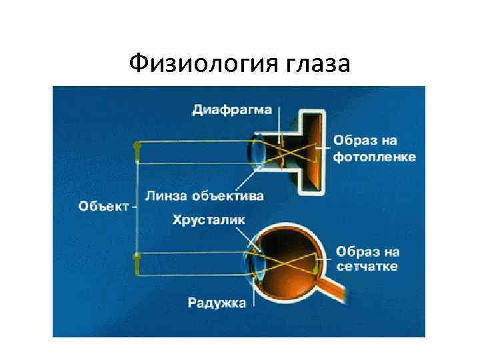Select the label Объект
[x=103, y=205]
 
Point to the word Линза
[x=167, y=195]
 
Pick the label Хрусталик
[x=209, y=219]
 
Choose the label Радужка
[x=217, y=304]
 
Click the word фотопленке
[x=375, y=157]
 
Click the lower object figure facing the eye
[x=137, y=263]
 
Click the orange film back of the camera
[x=318, y=151]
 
